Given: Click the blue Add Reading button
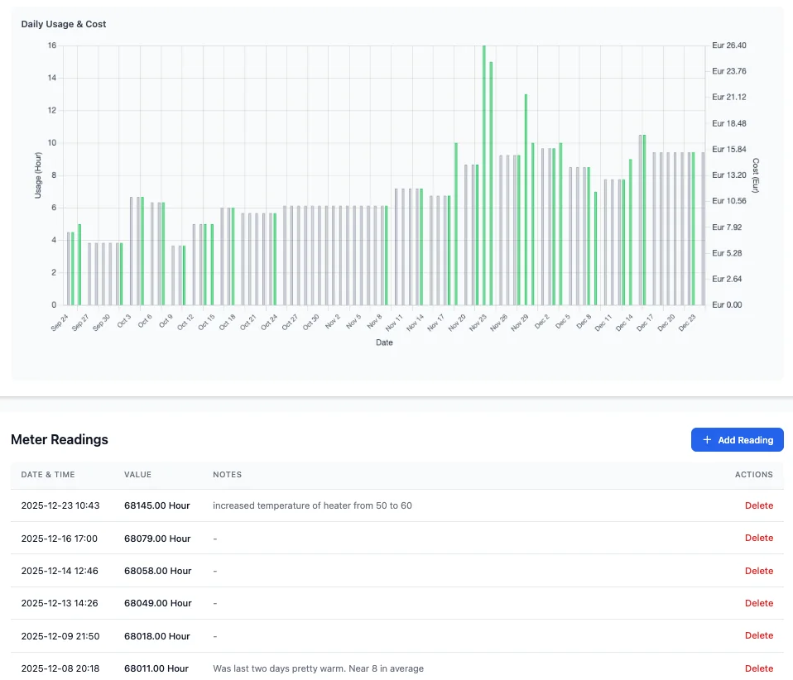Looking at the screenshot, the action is (737, 440).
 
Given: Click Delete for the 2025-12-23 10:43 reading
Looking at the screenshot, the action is (758, 505).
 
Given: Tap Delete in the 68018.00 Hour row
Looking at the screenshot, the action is (758, 635).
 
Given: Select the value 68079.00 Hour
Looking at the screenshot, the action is (157, 539).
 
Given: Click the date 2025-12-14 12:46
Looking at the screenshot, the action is (60, 571).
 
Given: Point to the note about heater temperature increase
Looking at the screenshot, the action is (312, 505).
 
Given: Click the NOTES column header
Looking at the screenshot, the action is (227, 475).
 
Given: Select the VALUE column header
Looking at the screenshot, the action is (137, 475).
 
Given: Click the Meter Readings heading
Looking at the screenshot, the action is (59, 440).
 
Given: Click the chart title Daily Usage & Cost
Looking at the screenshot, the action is (63, 24).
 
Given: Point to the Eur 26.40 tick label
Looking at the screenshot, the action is (728, 45).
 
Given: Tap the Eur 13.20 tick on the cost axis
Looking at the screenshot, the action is (728, 175).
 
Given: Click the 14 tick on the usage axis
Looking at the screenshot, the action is (52, 78).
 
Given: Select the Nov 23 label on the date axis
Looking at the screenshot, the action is (478, 323).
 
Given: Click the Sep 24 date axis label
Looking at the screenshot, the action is (59, 323).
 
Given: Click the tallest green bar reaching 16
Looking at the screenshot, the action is (484, 175).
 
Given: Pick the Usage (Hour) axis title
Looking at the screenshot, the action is (38, 175).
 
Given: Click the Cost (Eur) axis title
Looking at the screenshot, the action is (756, 175).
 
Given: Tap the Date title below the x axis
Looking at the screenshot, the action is (384, 342).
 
